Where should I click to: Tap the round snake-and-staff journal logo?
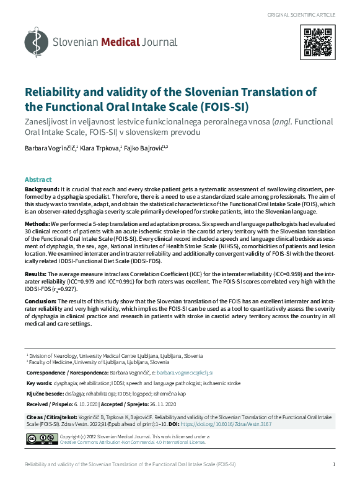tap(36, 43)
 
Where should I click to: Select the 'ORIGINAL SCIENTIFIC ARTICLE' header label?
tap(302, 14)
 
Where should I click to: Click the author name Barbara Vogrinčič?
tap(50, 148)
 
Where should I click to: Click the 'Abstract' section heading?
tap(38, 179)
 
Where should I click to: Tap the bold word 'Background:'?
tap(42, 188)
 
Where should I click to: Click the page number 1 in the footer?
tap(334, 464)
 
